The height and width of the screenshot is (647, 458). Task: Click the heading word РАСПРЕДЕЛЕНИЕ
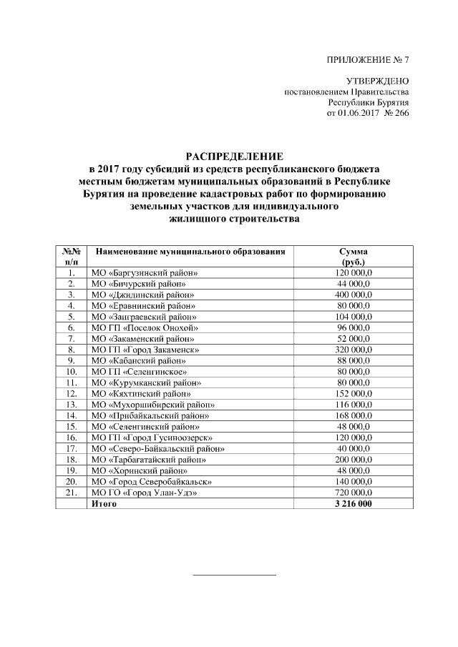coord(235,155)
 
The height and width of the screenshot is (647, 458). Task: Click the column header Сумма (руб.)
coord(355,257)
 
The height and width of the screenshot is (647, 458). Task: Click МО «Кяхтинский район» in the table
coord(142,394)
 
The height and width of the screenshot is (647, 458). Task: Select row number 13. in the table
coord(71,405)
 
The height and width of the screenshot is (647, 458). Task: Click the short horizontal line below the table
coord(235,574)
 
